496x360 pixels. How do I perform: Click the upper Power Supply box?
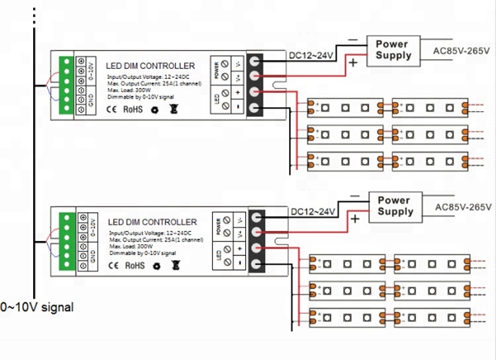coord(393,50)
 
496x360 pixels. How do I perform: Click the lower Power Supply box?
coord(395,206)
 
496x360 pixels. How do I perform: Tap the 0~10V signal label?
coord(37,308)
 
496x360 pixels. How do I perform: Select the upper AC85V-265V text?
coord(461,50)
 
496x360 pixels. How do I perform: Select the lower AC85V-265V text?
coord(463,207)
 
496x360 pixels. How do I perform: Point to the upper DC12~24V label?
coord(311,55)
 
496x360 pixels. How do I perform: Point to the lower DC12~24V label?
coord(313,212)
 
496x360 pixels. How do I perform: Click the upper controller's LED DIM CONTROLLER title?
coord(151,66)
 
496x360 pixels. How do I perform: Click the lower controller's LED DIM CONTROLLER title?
coord(152,222)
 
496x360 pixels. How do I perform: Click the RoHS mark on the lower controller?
coord(134,266)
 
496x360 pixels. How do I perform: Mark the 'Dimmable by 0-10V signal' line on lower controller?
coord(142,253)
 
